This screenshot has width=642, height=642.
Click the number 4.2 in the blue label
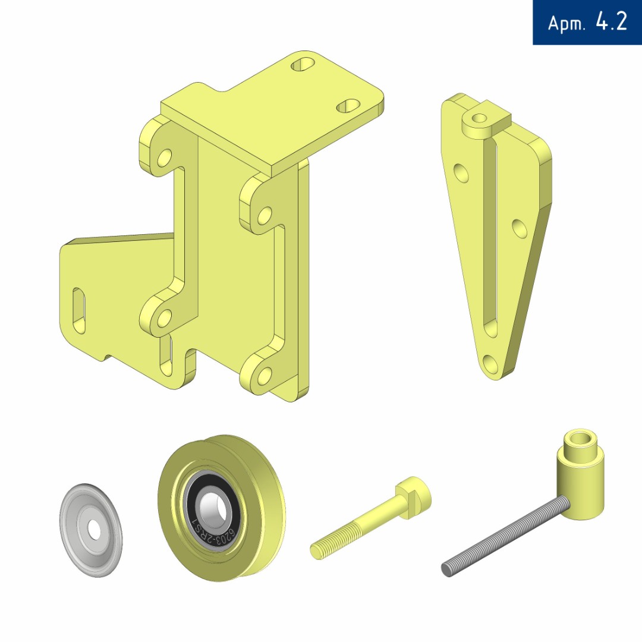(x=611, y=21)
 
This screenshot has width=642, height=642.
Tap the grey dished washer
(x=91, y=530)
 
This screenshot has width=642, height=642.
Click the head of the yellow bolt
(x=414, y=497)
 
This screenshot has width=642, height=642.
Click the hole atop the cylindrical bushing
(x=581, y=439)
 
